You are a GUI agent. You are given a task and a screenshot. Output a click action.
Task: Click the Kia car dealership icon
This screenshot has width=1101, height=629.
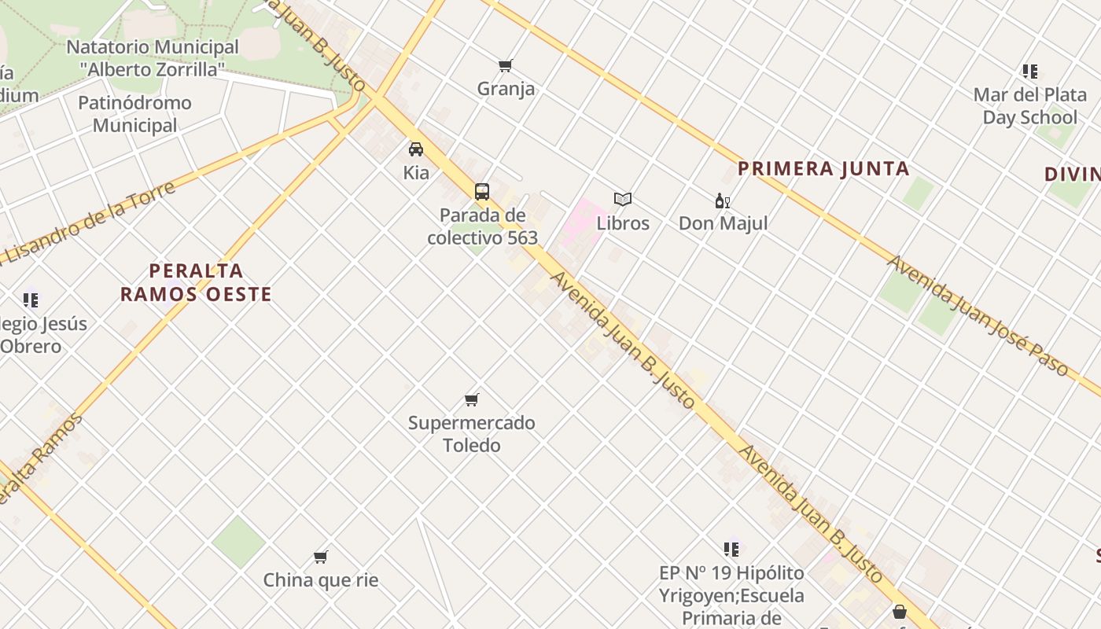(x=416, y=149)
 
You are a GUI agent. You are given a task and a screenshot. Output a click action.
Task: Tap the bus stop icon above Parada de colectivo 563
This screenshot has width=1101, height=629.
(x=482, y=191)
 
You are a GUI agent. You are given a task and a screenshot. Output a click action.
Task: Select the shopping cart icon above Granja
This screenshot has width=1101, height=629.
(x=506, y=65)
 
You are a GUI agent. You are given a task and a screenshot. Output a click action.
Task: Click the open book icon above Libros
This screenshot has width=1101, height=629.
(x=623, y=200)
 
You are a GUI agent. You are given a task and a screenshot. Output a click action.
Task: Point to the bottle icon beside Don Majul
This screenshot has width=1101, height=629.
(x=722, y=200)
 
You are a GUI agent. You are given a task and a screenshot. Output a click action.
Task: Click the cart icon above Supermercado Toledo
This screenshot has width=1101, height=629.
(x=472, y=399)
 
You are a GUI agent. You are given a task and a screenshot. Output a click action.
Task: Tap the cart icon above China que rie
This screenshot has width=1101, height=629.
(x=321, y=557)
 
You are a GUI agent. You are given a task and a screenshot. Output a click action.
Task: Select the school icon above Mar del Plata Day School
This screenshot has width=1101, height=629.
(x=1030, y=72)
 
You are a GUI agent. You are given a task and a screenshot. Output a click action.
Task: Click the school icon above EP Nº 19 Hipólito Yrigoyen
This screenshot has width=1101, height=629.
(x=731, y=549)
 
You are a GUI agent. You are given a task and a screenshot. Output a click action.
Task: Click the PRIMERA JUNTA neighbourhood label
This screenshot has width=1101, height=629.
(x=823, y=168)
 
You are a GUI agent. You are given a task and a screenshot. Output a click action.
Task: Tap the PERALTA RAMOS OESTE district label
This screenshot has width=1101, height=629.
(x=196, y=283)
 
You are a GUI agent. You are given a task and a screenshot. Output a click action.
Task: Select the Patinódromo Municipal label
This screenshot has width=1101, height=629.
(x=134, y=114)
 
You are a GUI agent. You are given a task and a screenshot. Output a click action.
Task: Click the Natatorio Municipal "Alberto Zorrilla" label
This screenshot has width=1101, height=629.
(x=152, y=57)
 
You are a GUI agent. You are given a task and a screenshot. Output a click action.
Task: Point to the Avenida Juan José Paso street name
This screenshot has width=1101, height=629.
(x=978, y=314)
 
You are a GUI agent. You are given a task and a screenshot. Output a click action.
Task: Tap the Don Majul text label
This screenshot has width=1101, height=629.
(x=723, y=223)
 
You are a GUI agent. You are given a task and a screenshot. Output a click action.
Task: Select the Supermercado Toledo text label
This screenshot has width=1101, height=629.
(x=471, y=434)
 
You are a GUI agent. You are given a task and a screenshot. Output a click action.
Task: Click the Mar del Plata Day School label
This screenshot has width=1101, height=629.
(x=1029, y=106)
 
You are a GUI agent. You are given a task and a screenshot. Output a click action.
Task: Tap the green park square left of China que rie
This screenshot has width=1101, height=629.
(x=238, y=542)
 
